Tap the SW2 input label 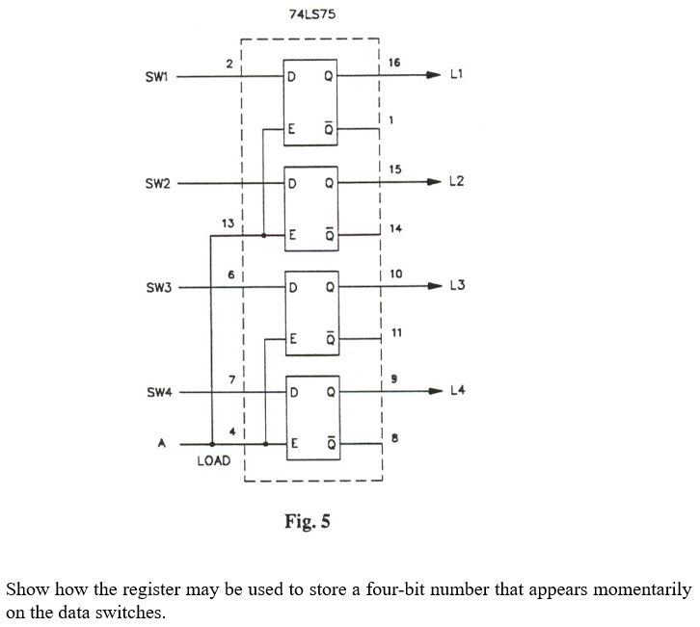(x=157, y=183)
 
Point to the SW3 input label (x=157, y=288)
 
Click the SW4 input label (x=157, y=393)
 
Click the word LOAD (x=213, y=461)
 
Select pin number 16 (x=393, y=63)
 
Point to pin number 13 (x=228, y=222)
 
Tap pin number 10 (x=395, y=274)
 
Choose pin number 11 (x=395, y=332)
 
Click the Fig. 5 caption (x=308, y=522)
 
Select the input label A (x=161, y=444)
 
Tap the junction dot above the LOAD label (x=212, y=444)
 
